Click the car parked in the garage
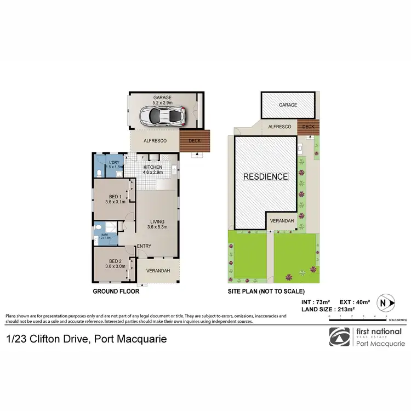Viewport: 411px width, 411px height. pyautogui.click(x=163, y=116)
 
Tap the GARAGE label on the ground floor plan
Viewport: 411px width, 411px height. pyautogui.click(x=162, y=98)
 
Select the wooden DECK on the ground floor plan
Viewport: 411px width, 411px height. pyautogui.click(x=195, y=140)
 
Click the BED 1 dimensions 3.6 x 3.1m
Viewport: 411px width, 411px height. pyautogui.click(x=115, y=202)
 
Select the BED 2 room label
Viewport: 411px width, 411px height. pyautogui.click(x=115, y=261)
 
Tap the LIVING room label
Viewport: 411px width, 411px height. pyautogui.click(x=157, y=221)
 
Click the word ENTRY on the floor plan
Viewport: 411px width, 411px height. pyautogui.click(x=144, y=246)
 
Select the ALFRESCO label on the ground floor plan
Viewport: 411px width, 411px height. pyautogui.click(x=155, y=140)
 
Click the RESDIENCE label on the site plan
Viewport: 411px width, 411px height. pyautogui.click(x=266, y=176)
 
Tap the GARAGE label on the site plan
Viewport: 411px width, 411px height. pyautogui.click(x=288, y=105)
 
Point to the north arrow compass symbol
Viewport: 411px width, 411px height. pyautogui.click(x=387, y=302)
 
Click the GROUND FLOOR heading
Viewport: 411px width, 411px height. pyautogui.click(x=116, y=292)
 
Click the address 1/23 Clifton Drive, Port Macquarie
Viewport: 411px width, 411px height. pyautogui.click(x=86, y=339)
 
